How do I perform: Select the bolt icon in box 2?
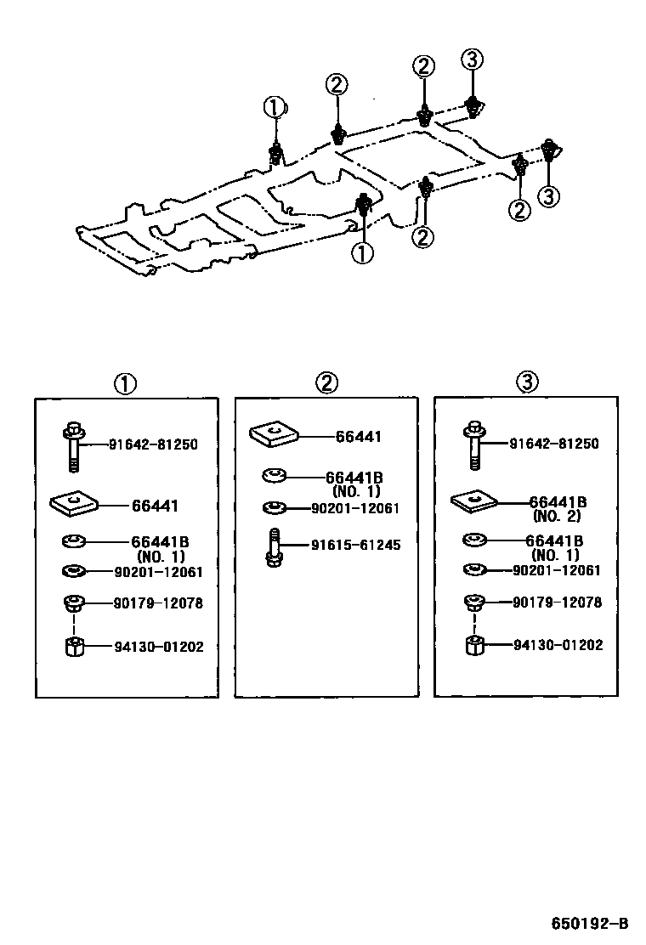tap(275, 546)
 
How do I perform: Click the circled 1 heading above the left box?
tap(125, 383)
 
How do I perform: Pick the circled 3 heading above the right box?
tap(526, 383)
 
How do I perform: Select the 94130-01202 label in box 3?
tap(557, 645)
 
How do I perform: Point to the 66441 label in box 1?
tap(155, 506)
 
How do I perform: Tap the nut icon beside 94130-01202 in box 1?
tap(74, 647)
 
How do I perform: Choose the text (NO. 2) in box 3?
tap(557, 516)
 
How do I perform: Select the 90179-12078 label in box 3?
tap(557, 602)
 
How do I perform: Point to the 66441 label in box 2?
tap(358, 437)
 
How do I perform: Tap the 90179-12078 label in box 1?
tap(159, 603)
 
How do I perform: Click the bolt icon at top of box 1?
tap(73, 444)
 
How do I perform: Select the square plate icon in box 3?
tap(474, 502)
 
